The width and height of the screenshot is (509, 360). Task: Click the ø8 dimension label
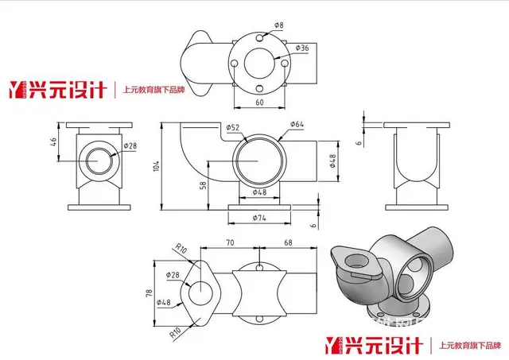point(279,26)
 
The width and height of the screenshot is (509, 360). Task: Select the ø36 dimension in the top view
point(301,48)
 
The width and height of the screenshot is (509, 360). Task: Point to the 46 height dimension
point(54,145)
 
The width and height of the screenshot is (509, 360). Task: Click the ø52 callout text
point(233,127)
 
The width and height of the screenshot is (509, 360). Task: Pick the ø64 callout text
point(297,124)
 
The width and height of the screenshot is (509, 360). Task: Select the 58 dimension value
point(204,184)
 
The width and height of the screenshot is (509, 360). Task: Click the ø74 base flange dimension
point(259,219)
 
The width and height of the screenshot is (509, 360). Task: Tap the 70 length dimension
point(230,242)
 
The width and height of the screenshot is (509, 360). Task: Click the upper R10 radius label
point(182,250)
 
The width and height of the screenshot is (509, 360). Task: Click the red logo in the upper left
point(57,89)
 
